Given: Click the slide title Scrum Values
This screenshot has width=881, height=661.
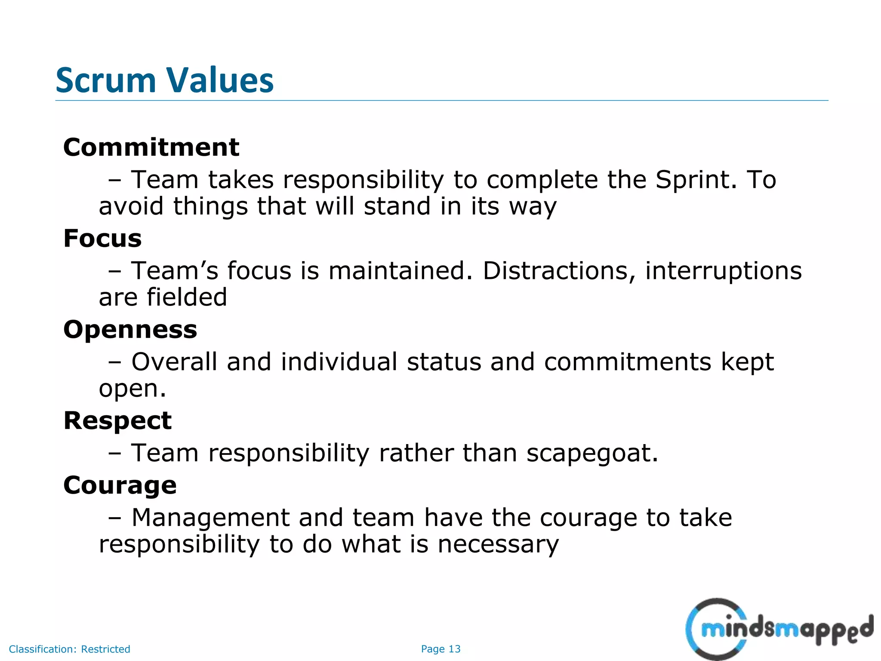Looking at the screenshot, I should (x=164, y=80).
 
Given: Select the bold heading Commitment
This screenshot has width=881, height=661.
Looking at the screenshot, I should (x=151, y=148).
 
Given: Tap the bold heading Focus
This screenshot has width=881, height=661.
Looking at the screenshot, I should (x=102, y=238).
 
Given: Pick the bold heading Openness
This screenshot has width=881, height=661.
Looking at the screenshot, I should (x=130, y=330).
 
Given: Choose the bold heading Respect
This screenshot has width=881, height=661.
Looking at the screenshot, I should (x=117, y=420).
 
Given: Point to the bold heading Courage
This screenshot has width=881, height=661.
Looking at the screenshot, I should (x=120, y=485).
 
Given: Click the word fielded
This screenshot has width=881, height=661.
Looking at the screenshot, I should (x=187, y=297).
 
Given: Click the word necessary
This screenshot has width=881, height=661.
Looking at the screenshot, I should (x=498, y=545).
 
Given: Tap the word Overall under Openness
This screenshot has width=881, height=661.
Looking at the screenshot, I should (x=174, y=362).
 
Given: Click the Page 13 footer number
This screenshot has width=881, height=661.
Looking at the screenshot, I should (x=440, y=649).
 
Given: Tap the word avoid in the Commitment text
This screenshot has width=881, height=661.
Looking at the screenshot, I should (x=131, y=206).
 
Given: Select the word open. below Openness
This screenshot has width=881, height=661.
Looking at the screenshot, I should (x=132, y=389).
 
